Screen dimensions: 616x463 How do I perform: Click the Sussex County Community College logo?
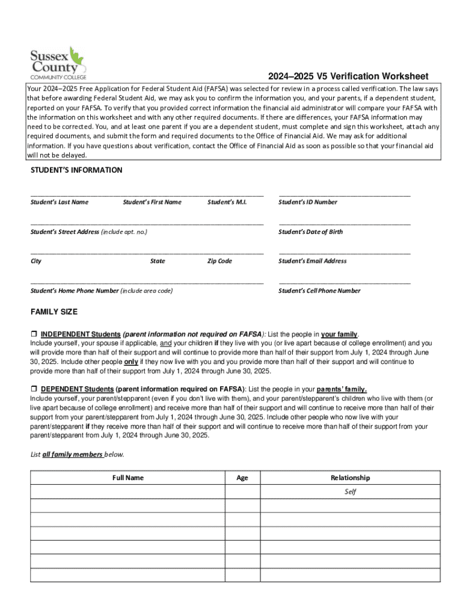pyautogui.click(x=58, y=63)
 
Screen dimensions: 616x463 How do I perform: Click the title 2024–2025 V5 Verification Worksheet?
pyautogui.click(x=348, y=76)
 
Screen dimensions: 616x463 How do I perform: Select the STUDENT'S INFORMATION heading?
pyautogui.click(x=76, y=170)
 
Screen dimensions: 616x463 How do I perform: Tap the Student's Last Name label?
pyautogui.click(x=59, y=202)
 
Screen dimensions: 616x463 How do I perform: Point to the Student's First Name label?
pyautogui.click(x=152, y=202)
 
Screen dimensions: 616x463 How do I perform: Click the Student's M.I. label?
pyautogui.click(x=227, y=202)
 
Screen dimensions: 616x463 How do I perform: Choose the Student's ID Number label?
pyautogui.click(x=307, y=202)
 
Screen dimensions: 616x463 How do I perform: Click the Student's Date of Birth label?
pyautogui.click(x=310, y=232)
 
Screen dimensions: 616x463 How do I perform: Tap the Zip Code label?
pyautogui.click(x=219, y=261)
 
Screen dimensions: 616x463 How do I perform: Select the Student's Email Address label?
pyautogui.click(x=312, y=261)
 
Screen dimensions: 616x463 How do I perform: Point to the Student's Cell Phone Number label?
pyautogui.click(x=319, y=291)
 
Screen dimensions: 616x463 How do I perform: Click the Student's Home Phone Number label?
pyautogui.click(x=101, y=291)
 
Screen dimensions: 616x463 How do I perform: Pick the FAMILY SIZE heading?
pyautogui.click(x=54, y=312)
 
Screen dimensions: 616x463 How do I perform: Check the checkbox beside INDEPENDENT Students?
pyautogui.click(x=34, y=334)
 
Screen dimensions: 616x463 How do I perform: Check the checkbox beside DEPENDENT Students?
pyautogui.click(x=34, y=389)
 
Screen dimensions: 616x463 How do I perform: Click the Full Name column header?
pyautogui.click(x=128, y=478)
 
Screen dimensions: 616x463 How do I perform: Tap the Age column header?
pyautogui.click(x=242, y=478)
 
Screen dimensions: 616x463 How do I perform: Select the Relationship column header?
pyautogui.click(x=350, y=478)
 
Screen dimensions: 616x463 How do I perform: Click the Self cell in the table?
pyautogui.click(x=350, y=491)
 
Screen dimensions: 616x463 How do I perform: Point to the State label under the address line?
pyautogui.click(x=158, y=261)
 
